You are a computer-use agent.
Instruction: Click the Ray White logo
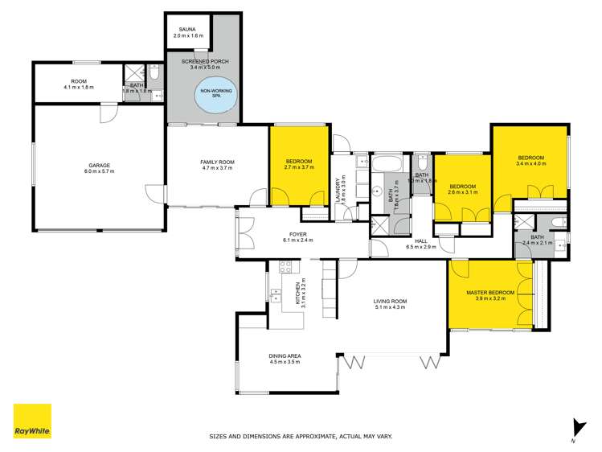tap(32, 421)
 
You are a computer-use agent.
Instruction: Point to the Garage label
tap(99, 168)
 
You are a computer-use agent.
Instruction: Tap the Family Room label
tap(216, 165)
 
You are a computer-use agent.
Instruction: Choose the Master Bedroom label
tap(490, 294)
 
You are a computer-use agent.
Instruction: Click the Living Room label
tap(390, 304)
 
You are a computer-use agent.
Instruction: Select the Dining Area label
tap(285, 358)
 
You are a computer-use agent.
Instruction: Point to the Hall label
tap(420, 244)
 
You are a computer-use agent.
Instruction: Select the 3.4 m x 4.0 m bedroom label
tap(531, 159)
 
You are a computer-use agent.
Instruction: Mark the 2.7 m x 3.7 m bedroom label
tap(299, 165)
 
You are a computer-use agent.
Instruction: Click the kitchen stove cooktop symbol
tap(284, 267)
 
